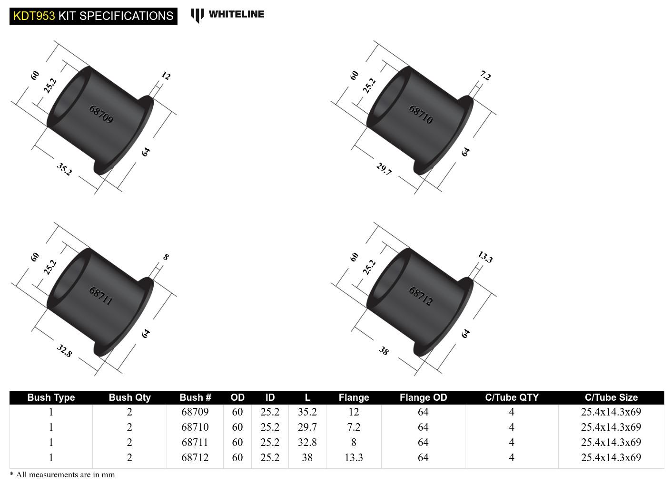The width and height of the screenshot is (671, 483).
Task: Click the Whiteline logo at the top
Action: coord(227,15)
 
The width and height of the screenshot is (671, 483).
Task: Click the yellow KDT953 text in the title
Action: coord(34,16)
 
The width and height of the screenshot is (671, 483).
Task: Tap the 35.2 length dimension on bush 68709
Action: coord(64,169)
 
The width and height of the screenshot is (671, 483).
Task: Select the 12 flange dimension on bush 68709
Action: coord(166,76)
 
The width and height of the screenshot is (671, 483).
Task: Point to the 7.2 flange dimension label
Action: coord(485,76)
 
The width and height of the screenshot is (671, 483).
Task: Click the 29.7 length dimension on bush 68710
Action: coord(384,169)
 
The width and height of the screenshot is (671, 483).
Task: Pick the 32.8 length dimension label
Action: coord(64,351)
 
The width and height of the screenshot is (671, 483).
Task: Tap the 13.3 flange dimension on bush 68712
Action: coord(485,257)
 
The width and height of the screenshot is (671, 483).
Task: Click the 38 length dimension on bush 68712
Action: coord(384,351)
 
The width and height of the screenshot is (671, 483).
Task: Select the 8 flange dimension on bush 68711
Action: coord(166,257)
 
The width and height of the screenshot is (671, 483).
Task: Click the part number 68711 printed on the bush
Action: coord(101,295)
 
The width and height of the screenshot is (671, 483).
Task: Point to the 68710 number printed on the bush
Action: coord(421,114)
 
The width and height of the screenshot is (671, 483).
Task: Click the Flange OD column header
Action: coord(423,397)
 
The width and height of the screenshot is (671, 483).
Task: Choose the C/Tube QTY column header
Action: coord(512,397)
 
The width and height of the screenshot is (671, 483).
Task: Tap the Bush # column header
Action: coord(195,397)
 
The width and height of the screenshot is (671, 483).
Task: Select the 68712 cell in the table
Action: coord(195,457)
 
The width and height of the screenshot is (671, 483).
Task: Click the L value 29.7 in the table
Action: coord(307,427)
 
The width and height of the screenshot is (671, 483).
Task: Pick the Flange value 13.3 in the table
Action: coord(354,457)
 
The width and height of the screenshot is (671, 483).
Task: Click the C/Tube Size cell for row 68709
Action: coord(611,412)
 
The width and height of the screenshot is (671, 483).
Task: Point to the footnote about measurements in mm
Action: coord(62,474)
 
